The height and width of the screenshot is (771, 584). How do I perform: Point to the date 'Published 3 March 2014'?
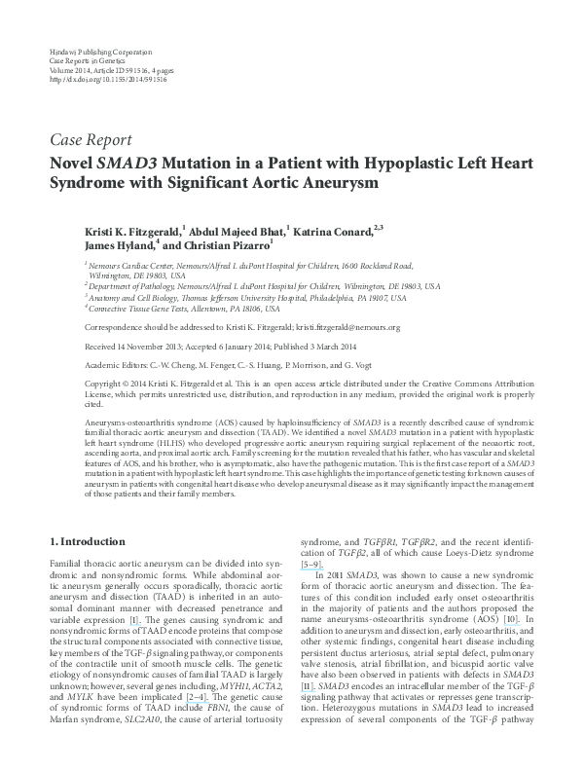pyautogui.click(x=349, y=345)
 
